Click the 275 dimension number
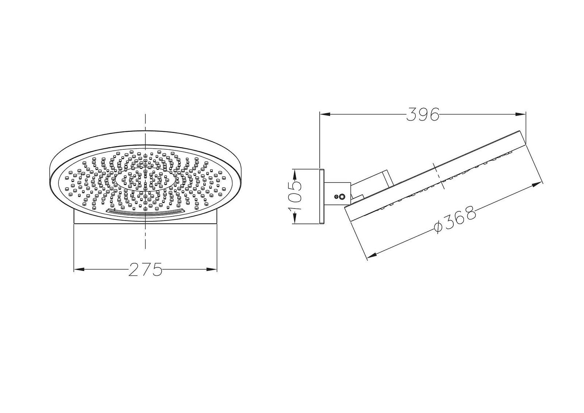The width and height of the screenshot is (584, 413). tap(145, 269)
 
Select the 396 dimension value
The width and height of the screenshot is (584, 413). tap(423, 114)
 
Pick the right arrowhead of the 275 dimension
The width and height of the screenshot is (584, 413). tap(212, 269)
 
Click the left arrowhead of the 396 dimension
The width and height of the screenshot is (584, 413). tap(325, 114)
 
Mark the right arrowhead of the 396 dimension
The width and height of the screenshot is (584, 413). tap(520, 114)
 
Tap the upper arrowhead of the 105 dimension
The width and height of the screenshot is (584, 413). tap(294, 174)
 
